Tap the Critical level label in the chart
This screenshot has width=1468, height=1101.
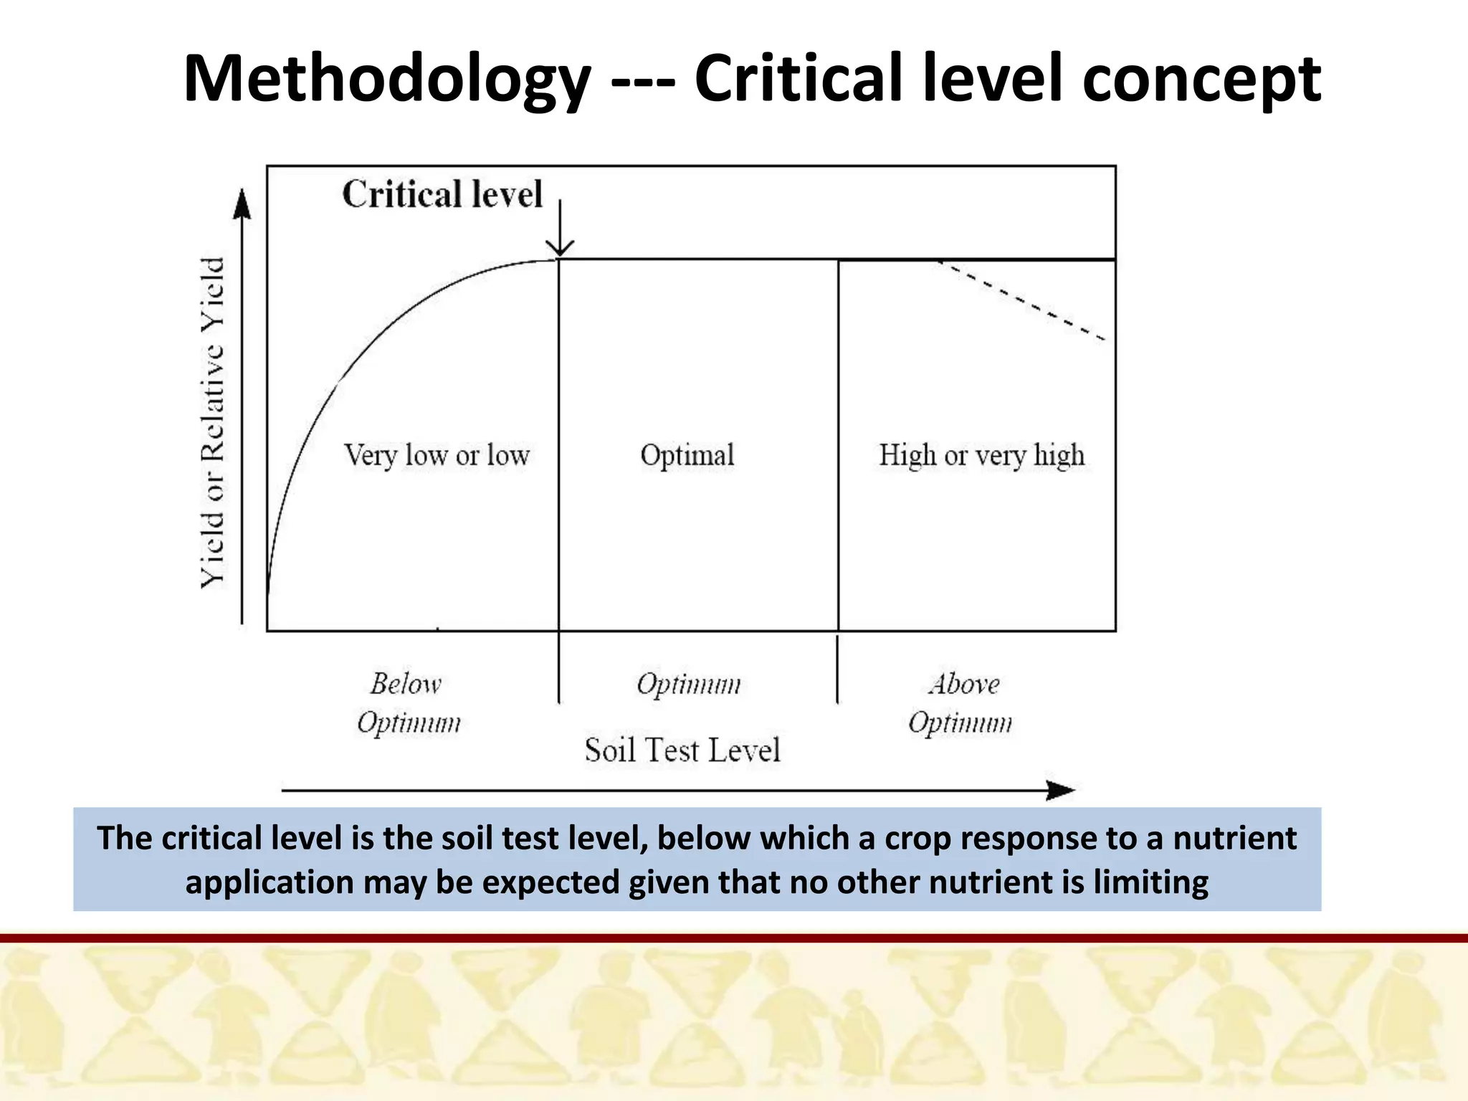pyautogui.click(x=442, y=194)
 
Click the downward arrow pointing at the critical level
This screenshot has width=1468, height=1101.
pyautogui.click(x=560, y=229)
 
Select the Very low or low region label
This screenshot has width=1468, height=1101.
pyautogui.click(x=437, y=455)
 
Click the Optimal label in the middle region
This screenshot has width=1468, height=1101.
pyautogui.click(x=687, y=455)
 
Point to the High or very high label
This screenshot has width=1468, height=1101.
pyautogui.click(x=981, y=455)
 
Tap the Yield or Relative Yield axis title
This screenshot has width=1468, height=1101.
pyautogui.click(x=213, y=423)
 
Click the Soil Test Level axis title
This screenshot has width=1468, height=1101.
pyautogui.click(x=682, y=750)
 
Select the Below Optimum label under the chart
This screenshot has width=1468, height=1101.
pyautogui.click(x=408, y=703)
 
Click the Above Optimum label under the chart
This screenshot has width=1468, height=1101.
pyautogui.click(x=961, y=703)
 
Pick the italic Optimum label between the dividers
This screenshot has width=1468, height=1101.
pyautogui.click(x=688, y=684)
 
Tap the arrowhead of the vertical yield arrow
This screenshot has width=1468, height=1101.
pyautogui.click(x=243, y=204)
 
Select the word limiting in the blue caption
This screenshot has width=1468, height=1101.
pyautogui.click(x=1150, y=882)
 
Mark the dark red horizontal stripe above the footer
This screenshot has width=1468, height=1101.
pyautogui.click(x=734, y=938)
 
